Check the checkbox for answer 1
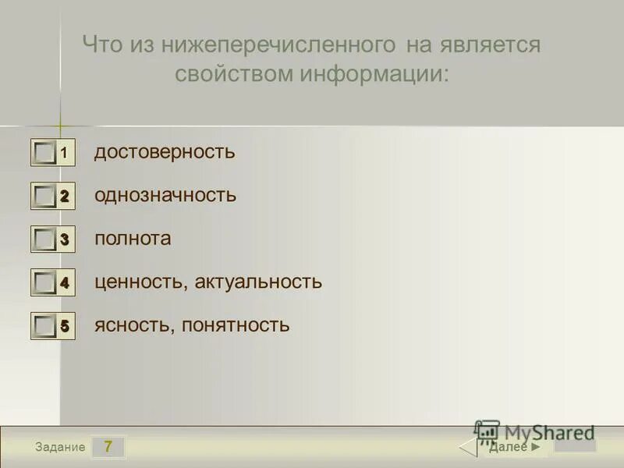click(45, 153)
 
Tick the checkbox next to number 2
click(45, 197)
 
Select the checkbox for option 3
click(45, 240)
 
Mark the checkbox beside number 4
click(45, 283)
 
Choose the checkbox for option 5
click(45, 327)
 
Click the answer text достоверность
click(165, 151)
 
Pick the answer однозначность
click(165, 195)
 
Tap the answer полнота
click(133, 239)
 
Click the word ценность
click(137, 282)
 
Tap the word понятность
click(236, 325)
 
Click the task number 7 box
click(108, 447)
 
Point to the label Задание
click(60, 447)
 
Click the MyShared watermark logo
click(535, 432)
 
